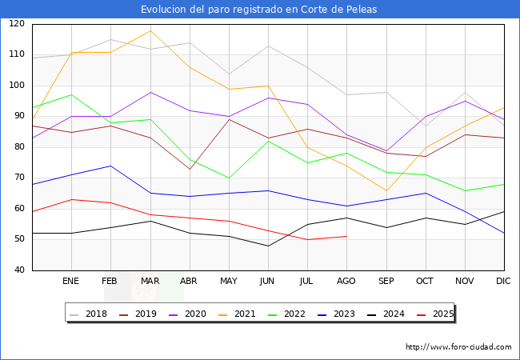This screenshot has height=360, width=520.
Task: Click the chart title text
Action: pos(259,10)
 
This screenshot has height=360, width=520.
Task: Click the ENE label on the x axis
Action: pos(71,282)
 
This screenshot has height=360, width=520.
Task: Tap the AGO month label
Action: pos(346,282)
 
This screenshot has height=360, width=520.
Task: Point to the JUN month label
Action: pos(268,282)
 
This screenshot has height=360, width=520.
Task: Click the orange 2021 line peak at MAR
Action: pos(150,30)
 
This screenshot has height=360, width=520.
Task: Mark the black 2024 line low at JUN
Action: pos(268,246)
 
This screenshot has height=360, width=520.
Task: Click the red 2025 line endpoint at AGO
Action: pos(346,236)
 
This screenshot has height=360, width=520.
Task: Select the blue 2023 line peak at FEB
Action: pos(110,166)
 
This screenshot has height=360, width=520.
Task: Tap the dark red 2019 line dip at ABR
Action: pos(190,169)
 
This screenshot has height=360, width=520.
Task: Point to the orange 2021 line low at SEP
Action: pos(386,190)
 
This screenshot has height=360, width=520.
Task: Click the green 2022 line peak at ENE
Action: pos(71,94)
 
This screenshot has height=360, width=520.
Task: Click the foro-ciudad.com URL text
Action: pos(458,347)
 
